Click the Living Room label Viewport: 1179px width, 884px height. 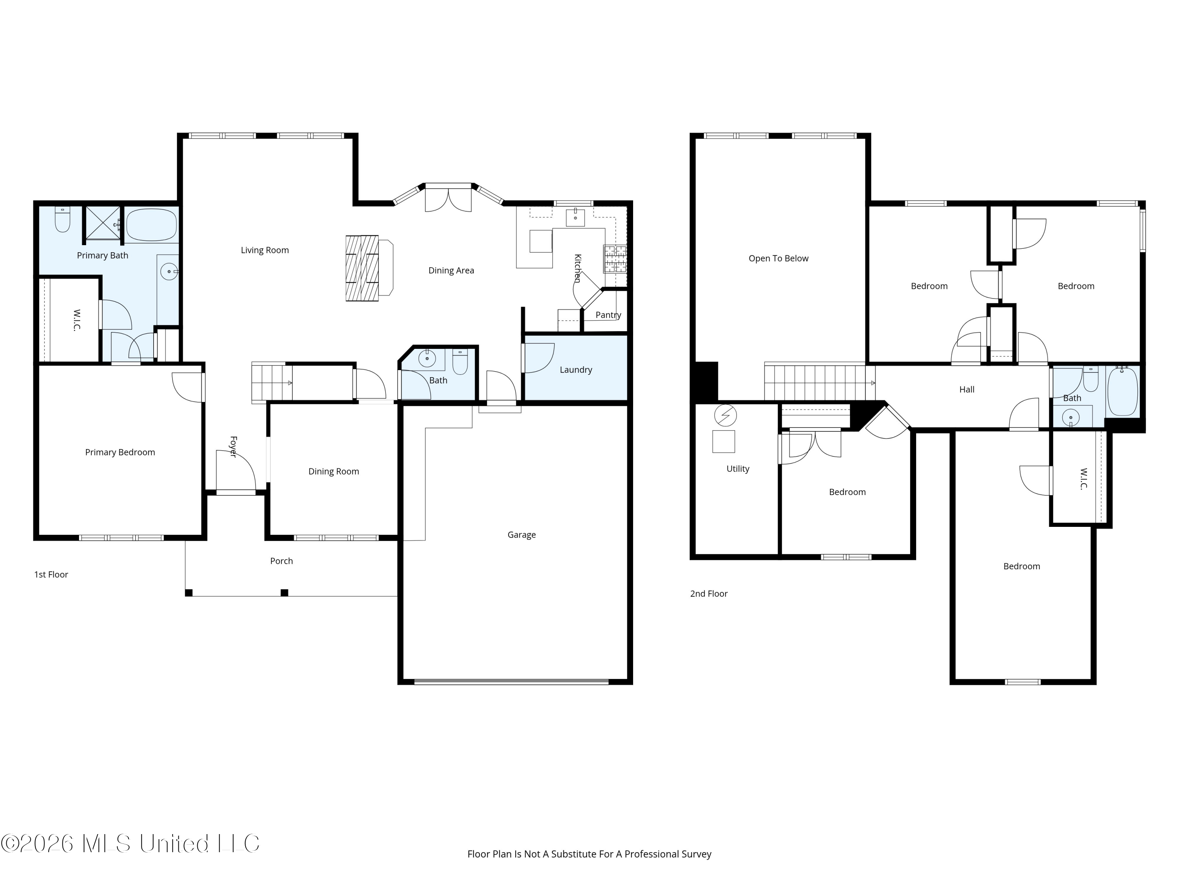tap(264, 250)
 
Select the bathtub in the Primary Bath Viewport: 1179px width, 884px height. tap(151, 225)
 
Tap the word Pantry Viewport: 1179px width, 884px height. tap(608, 315)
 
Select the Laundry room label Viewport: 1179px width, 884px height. tap(576, 370)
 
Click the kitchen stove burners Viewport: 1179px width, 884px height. tap(615, 259)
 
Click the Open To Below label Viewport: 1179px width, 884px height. tap(778, 259)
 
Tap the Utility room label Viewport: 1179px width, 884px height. tap(738, 469)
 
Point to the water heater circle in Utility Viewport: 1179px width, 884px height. tap(725, 416)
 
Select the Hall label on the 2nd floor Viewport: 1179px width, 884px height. tap(966, 389)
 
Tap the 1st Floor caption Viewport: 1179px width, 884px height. tap(51, 574)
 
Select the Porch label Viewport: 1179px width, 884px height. tap(281, 561)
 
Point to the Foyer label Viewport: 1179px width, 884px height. tap(233, 447)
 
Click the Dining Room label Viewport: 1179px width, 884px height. tap(334, 471)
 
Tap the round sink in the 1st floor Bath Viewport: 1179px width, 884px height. tap(427, 359)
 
